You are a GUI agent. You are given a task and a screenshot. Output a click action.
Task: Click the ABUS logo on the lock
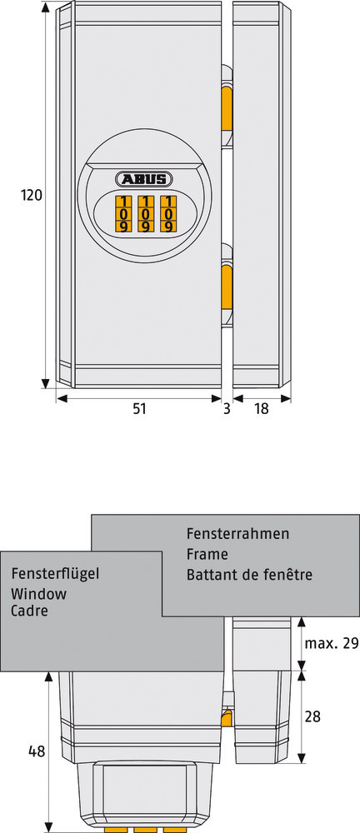click(144, 179)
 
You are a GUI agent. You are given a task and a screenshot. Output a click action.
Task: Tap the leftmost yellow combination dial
click(123, 214)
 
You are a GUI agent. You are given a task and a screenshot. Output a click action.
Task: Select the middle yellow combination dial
click(145, 214)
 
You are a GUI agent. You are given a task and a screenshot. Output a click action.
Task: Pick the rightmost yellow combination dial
click(168, 214)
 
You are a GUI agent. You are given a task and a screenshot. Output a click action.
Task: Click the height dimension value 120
click(31, 195)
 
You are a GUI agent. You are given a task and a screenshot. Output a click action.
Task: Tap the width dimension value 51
click(139, 408)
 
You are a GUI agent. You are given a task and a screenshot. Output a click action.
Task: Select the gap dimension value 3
click(227, 408)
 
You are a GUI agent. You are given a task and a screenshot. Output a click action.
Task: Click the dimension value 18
click(261, 408)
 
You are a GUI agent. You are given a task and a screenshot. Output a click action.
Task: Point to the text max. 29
click(332, 643)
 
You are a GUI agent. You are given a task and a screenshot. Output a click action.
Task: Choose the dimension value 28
click(313, 716)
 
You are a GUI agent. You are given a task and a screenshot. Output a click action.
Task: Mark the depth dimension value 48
click(36, 751)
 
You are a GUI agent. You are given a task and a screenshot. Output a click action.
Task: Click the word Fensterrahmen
click(237, 533)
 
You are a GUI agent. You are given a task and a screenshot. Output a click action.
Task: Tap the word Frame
click(207, 554)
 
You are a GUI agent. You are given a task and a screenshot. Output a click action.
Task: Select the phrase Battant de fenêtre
click(249, 574)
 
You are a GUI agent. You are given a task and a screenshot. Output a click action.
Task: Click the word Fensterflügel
click(55, 574)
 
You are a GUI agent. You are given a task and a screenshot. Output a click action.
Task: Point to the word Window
click(39, 593)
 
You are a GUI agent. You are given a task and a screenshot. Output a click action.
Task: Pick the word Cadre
click(29, 611)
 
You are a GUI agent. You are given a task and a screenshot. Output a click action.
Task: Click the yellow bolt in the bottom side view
click(227, 716)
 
